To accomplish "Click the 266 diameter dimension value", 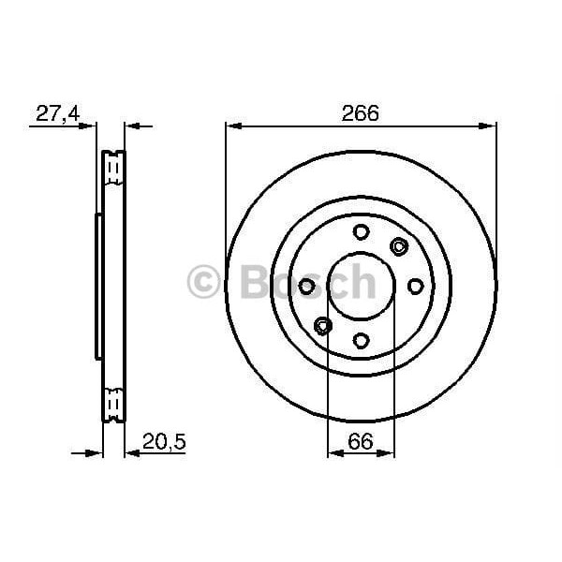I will click(x=361, y=113).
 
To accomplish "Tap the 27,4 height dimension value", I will click(x=57, y=113).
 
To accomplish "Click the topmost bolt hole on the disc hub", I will click(x=362, y=232).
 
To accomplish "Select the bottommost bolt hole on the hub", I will click(x=362, y=341).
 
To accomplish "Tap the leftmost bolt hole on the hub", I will click(x=306, y=287).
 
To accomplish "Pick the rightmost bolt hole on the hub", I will click(x=416, y=287).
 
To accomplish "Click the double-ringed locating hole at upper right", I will click(x=400, y=247).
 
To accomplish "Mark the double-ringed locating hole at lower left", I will click(x=323, y=326).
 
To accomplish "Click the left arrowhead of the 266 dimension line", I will click(x=231, y=125).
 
